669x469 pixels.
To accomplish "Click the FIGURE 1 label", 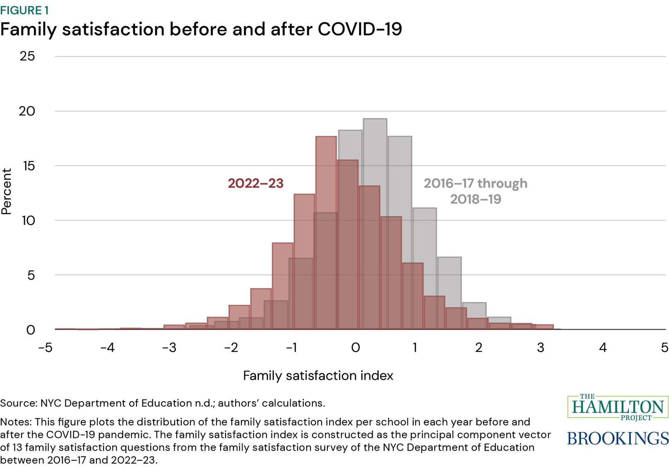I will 24,10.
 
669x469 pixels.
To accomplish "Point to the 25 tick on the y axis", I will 27,56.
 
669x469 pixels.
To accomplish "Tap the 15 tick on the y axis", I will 29,166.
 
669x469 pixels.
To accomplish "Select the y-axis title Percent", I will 7,191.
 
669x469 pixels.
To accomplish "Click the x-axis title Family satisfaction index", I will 318,376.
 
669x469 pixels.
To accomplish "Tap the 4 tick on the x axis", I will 602,347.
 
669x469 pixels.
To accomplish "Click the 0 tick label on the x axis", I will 355,347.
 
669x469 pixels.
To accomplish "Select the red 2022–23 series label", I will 255,183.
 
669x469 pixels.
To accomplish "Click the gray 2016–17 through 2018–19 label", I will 475,191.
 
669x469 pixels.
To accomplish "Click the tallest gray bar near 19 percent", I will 375,141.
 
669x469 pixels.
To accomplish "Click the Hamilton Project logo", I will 617,407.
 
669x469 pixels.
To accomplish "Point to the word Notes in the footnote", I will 15,422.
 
